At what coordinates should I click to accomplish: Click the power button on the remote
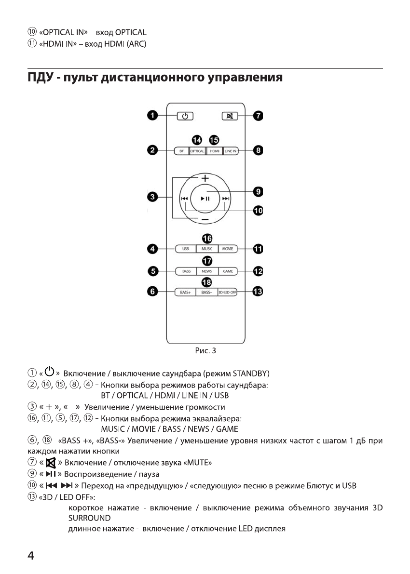(x=184, y=116)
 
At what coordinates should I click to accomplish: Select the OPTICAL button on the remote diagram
(x=197, y=151)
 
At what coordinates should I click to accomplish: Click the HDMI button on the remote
(x=215, y=151)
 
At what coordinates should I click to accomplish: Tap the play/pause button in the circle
(x=205, y=198)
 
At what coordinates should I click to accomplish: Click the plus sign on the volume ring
(x=205, y=178)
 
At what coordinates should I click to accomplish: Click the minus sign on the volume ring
(x=205, y=219)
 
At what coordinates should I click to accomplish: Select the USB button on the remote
(x=185, y=249)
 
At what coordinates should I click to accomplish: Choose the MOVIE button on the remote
(x=227, y=249)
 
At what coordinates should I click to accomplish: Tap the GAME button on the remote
(x=228, y=271)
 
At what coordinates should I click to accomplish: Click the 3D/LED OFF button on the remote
(x=228, y=292)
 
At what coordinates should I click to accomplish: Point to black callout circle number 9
(x=258, y=191)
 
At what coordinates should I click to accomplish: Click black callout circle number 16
(x=207, y=238)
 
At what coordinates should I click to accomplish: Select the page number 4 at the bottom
(x=30, y=555)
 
